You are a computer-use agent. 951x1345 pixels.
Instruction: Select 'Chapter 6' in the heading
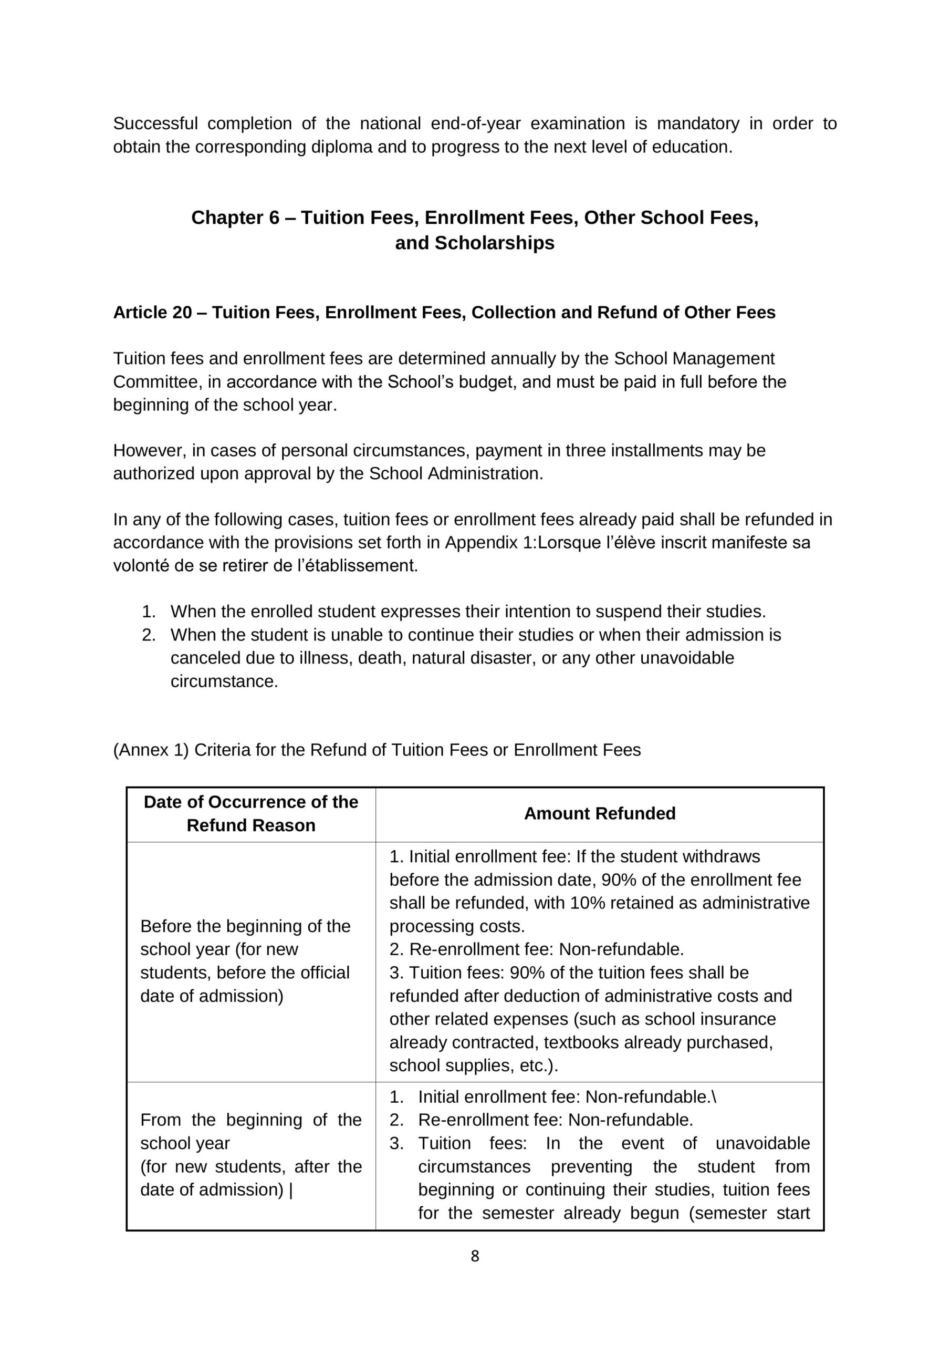click(235, 218)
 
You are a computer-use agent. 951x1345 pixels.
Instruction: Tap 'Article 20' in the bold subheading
click(152, 312)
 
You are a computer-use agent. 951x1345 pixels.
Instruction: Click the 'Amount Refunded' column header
click(600, 813)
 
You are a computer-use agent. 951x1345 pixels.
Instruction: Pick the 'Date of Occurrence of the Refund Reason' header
click(250, 813)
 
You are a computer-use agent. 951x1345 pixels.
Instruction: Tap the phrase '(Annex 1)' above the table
click(151, 750)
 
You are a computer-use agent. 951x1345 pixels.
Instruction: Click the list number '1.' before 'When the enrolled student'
click(149, 612)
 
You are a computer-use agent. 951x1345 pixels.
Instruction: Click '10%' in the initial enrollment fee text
click(587, 903)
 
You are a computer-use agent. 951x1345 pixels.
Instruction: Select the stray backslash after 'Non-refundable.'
click(714, 1096)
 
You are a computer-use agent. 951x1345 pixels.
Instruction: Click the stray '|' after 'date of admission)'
click(291, 1190)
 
